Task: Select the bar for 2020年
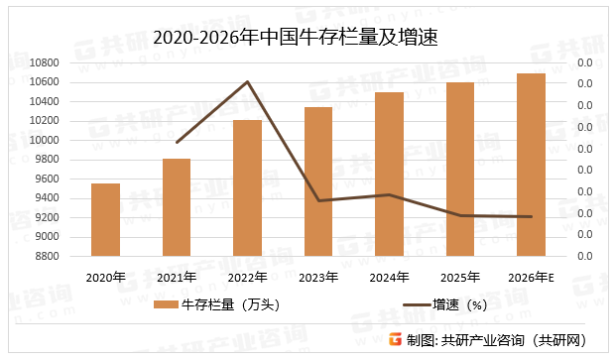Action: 105,219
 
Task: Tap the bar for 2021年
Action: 177,207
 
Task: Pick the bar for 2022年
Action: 247,187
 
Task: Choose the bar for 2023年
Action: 318,181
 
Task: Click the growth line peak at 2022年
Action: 247,81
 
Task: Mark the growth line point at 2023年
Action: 318,200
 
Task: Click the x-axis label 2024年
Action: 389,278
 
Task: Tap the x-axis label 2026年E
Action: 531,278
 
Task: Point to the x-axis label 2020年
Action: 105,278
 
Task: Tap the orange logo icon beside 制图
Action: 395,339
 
